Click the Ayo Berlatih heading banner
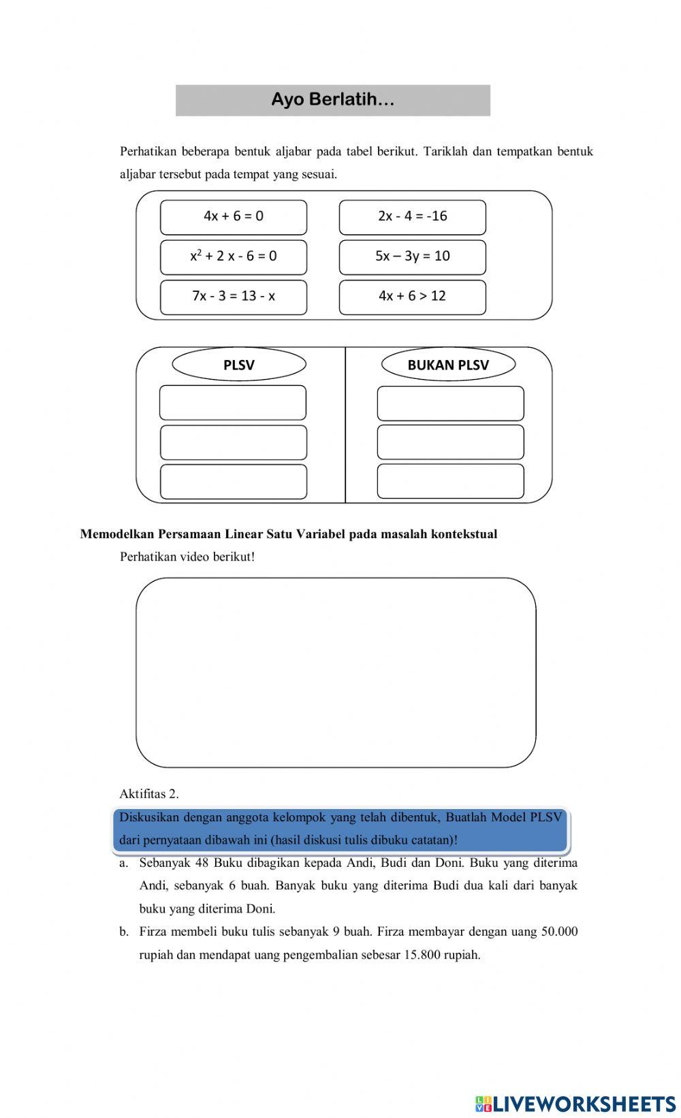click(x=332, y=100)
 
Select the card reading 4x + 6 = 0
click(x=234, y=216)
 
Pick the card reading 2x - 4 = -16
click(x=413, y=216)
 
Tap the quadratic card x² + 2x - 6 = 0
click(x=234, y=257)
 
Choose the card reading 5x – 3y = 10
click(x=413, y=257)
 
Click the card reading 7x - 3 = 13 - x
click(x=234, y=297)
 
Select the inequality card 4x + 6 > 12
click(x=413, y=297)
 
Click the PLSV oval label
click(x=239, y=365)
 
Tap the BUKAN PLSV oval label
click(x=448, y=365)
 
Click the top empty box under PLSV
click(x=233, y=403)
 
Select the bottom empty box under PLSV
click(x=234, y=481)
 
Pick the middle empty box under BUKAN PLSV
click(x=451, y=442)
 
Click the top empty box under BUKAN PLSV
click(x=451, y=404)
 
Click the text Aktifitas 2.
click(x=149, y=793)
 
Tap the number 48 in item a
click(x=202, y=863)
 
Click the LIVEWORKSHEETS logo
click(x=575, y=1103)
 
